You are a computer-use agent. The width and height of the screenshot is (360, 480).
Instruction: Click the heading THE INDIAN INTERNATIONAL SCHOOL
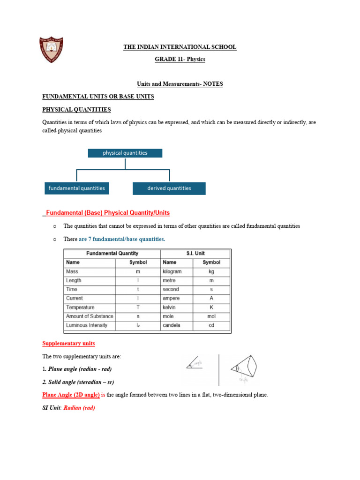[x=180, y=47]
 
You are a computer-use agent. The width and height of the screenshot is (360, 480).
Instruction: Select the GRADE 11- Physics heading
[x=180, y=59]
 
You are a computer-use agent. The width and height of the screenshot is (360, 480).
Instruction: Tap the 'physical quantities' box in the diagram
[x=125, y=153]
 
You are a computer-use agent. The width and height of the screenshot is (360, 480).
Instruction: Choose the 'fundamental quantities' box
[x=77, y=188]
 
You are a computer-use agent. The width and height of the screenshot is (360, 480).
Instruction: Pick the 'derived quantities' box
[x=169, y=188]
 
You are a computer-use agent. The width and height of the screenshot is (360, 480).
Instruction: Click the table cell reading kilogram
[x=172, y=271]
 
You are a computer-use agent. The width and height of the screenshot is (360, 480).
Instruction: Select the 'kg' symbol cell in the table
[x=211, y=271]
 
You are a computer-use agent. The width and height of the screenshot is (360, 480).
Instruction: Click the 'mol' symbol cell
[x=211, y=316]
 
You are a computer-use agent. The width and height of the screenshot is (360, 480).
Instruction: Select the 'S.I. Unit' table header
[x=195, y=254]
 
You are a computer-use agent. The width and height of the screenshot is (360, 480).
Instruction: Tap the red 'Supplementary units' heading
[x=68, y=343]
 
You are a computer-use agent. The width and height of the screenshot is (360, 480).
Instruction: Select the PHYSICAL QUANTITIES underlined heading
[x=77, y=110]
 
